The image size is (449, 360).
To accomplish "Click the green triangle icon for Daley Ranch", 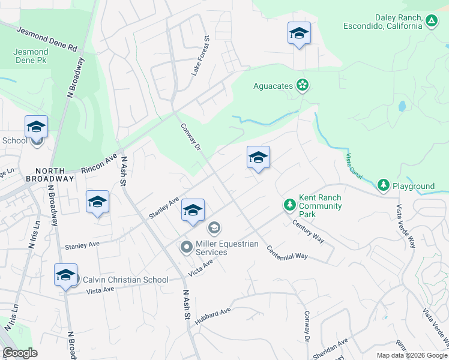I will [432, 22].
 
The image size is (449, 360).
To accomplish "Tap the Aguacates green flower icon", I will [303, 86].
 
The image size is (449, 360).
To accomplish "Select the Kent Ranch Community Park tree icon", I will [290, 206].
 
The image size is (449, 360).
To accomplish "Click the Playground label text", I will [414, 186].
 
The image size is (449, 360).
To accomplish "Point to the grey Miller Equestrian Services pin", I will [187, 247].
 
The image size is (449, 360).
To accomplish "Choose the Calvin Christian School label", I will [125, 280].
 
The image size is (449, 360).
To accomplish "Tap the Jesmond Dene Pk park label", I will [31, 56].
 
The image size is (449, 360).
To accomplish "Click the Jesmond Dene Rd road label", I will [47, 38].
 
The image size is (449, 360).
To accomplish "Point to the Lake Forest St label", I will [200, 55].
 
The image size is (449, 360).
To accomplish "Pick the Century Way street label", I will [308, 232].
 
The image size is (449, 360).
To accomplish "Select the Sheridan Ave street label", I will [334, 350].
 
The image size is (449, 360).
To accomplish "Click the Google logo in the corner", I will [20, 353].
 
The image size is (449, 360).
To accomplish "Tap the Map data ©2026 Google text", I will [412, 355].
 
